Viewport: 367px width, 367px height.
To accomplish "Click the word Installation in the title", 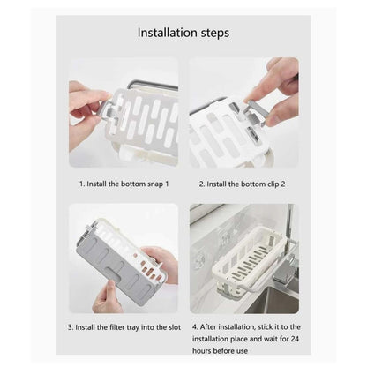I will (x=168, y=33).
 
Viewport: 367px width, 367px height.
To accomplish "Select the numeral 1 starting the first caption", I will (x=80, y=183).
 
